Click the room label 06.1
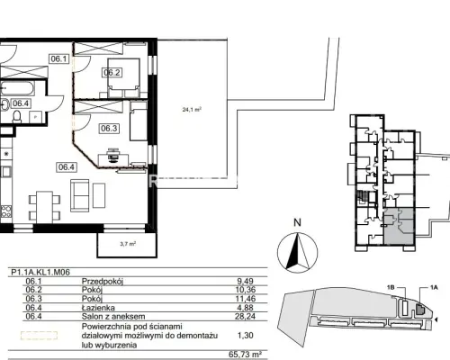coord(58,58)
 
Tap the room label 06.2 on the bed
coord(112,73)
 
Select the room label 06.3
coord(109,129)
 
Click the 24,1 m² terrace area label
coord(192,110)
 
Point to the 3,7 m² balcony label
coord(128,244)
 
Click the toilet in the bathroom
coord(17,116)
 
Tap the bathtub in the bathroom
coord(17,88)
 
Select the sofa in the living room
coord(80,195)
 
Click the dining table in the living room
coord(45,207)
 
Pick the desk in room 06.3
coord(113,160)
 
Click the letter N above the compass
coord(297,222)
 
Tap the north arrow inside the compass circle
coord(297,250)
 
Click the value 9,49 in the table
coord(245,282)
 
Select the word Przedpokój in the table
coord(103,282)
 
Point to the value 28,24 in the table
coord(245,316)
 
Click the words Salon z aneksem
coord(113,317)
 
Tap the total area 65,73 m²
coord(243,355)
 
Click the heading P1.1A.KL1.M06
coord(40,273)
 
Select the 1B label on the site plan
coord(391,287)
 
